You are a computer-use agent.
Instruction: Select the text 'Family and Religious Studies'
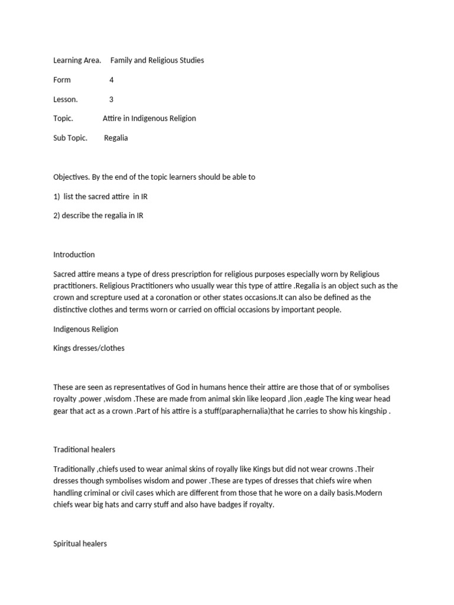click(157, 60)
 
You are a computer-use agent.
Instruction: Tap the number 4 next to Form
click(112, 80)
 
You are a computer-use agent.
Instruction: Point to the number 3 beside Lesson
click(112, 99)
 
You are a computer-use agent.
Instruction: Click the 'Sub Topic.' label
click(70, 138)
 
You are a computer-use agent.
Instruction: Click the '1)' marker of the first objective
click(57, 196)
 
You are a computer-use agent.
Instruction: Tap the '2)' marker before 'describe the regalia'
click(57, 216)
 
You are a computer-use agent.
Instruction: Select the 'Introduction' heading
click(74, 255)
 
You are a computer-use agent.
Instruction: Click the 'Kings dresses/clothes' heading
click(89, 348)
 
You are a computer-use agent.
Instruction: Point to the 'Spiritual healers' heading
click(80, 544)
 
